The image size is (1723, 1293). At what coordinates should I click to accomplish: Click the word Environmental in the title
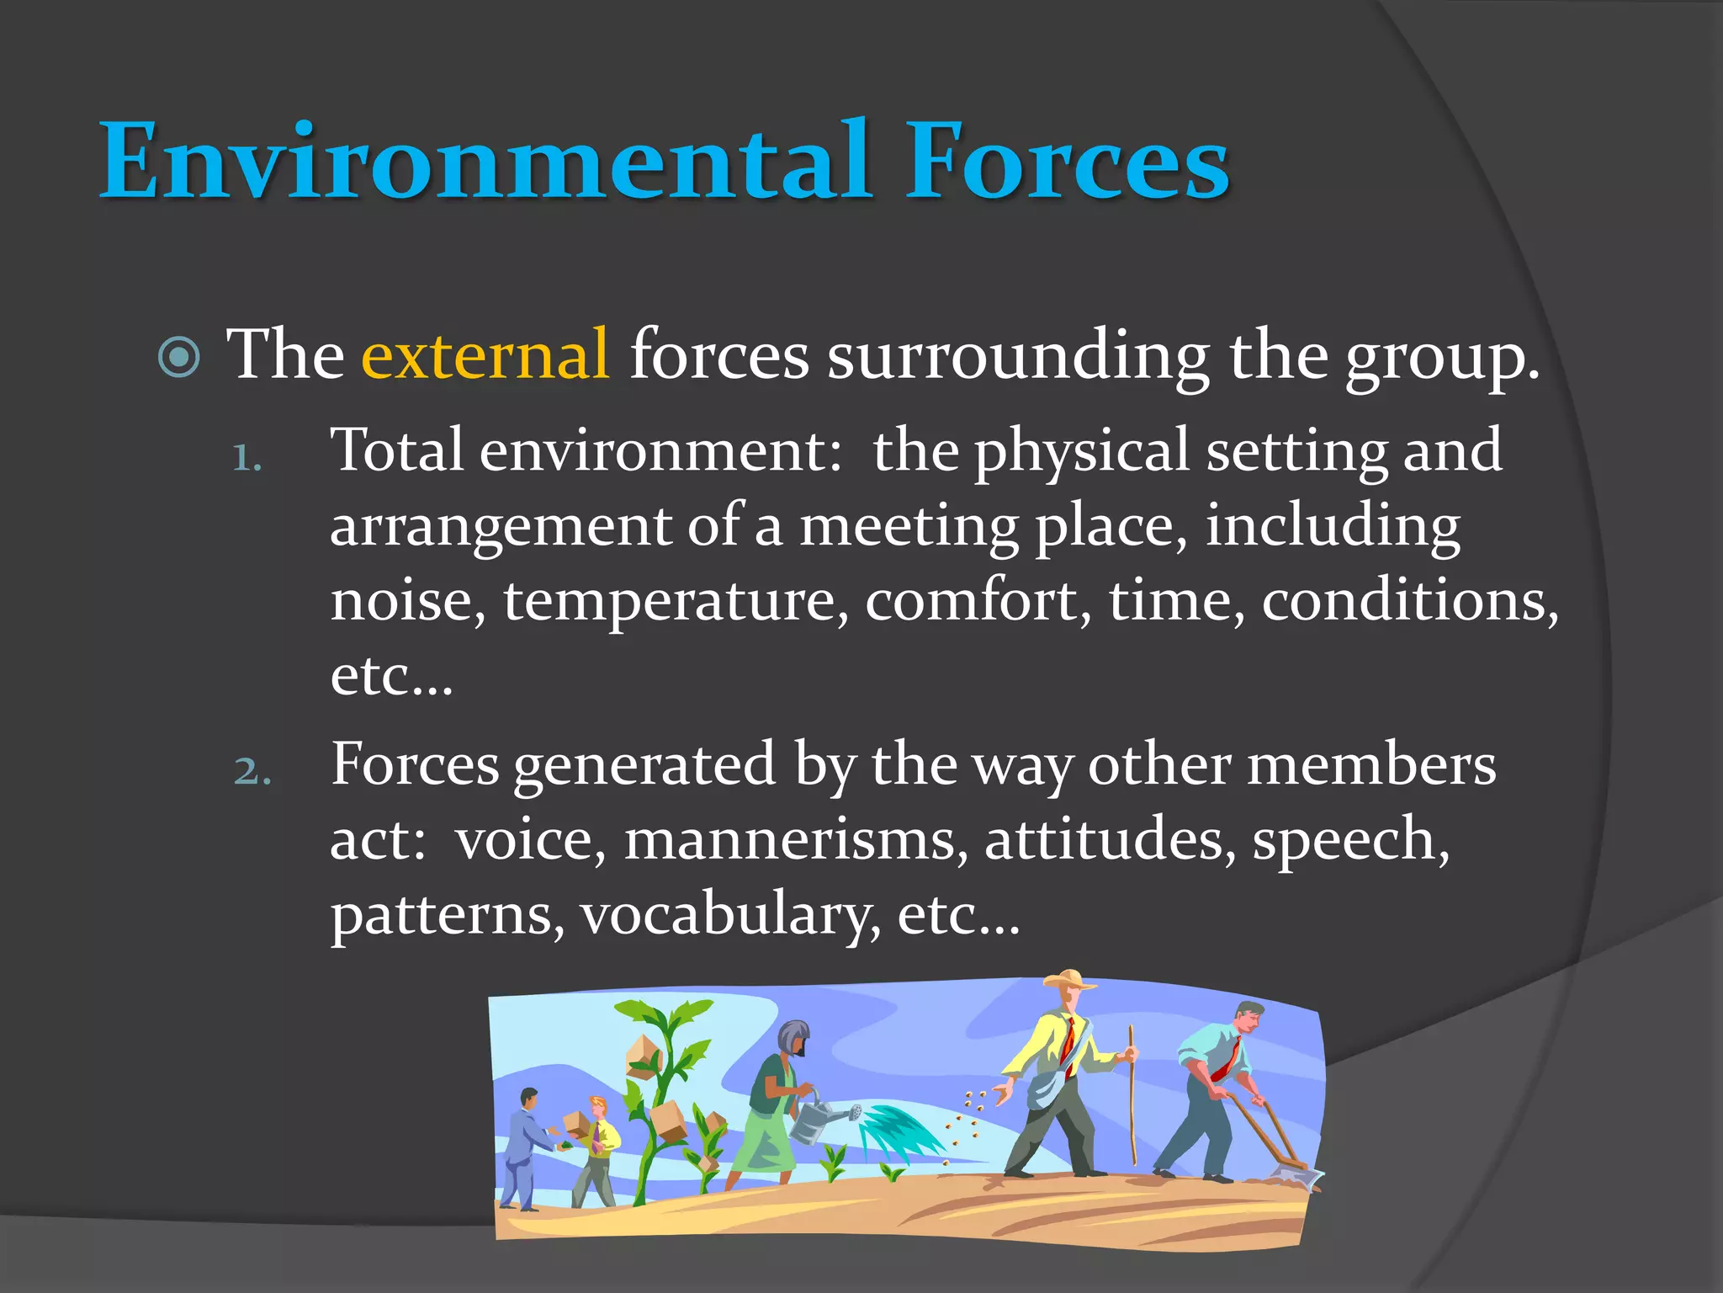coord(484,162)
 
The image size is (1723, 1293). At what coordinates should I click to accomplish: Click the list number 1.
coord(246,459)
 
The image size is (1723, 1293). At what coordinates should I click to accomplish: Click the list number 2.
coord(252,772)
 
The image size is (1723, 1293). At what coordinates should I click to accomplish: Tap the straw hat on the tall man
coord(1068,981)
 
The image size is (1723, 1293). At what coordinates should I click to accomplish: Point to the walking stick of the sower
coord(1132,1094)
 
